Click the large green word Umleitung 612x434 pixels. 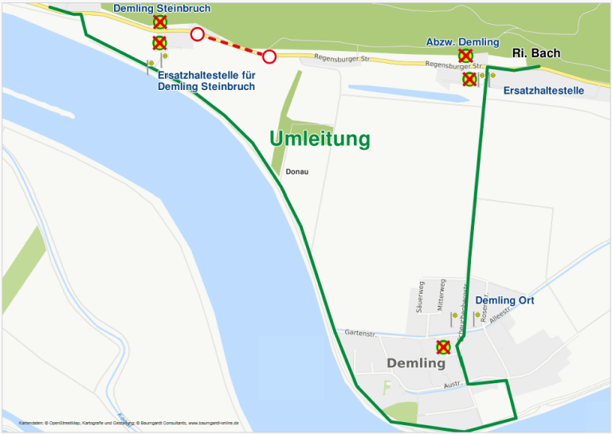point(320,139)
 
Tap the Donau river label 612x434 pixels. point(296,172)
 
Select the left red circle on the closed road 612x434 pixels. point(197,34)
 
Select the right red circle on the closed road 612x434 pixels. point(269,57)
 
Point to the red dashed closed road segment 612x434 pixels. point(233,45)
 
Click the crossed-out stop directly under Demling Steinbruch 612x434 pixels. point(159,22)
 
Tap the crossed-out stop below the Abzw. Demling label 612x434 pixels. point(465,55)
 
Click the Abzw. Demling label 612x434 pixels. point(462,42)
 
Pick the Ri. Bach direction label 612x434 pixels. point(535,53)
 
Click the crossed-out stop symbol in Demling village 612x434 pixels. point(444,347)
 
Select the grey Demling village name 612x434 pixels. point(416,363)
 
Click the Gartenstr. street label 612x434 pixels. point(360,333)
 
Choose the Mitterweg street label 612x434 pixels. point(441,295)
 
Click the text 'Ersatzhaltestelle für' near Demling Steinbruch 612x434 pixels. point(206,76)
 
